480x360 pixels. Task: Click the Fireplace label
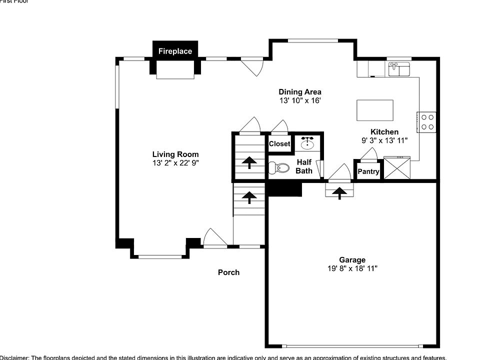coord(175,51)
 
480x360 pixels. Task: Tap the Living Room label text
coord(175,154)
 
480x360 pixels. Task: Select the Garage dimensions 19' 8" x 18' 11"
coord(352,268)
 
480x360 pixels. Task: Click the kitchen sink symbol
coord(398,68)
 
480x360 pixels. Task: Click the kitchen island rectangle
coord(374,110)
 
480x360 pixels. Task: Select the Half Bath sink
coord(307,144)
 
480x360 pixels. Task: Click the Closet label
coord(279,144)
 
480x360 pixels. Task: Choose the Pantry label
coord(368,172)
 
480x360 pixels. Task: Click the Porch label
coord(228,272)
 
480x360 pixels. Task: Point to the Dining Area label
coord(300,92)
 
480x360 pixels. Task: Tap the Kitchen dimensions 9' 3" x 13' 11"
coord(385,140)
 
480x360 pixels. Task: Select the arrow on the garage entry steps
coord(339,192)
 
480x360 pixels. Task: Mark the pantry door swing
coord(369,154)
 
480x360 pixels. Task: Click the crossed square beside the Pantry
coord(397,168)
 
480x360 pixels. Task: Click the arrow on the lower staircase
coord(248,196)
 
